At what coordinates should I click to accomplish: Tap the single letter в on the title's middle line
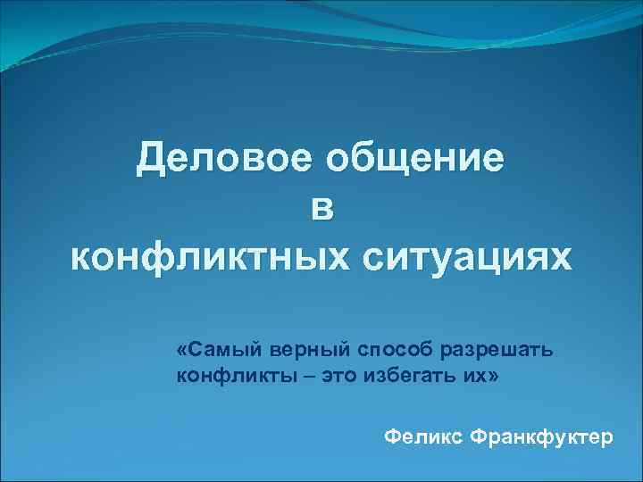321,211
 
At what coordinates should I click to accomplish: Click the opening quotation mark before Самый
181,346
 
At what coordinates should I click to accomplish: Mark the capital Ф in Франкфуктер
477,437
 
